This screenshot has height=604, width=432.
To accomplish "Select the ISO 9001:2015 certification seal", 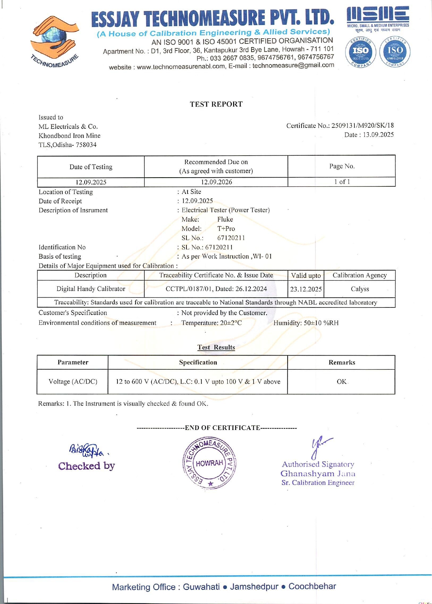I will click(361, 52).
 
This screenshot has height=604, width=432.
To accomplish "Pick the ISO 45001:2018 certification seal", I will click(394, 52).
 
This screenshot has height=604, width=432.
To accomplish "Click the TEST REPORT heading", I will click(216, 104).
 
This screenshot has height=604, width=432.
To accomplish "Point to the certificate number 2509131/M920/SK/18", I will click(362, 126).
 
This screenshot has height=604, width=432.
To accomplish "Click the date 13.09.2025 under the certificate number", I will click(378, 135).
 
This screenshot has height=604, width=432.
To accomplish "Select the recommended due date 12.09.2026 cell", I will click(216, 182).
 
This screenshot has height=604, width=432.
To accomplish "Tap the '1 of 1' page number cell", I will click(342, 182).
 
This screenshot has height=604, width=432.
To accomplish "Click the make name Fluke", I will click(225, 219).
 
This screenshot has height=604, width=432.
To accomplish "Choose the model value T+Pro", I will click(226, 229).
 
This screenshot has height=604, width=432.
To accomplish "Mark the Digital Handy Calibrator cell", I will click(91, 289).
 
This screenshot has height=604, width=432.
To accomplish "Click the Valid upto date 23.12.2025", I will click(306, 289).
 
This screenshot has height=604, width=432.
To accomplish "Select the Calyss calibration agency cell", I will click(360, 289).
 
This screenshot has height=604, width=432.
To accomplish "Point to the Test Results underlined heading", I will click(216, 347).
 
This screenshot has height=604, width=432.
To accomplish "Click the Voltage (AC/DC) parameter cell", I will click(73, 381).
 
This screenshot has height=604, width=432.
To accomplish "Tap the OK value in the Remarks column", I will click(341, 381).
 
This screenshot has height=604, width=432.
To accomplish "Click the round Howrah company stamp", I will click(209, 463).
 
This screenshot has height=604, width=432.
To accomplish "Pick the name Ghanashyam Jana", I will click(318, 473).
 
